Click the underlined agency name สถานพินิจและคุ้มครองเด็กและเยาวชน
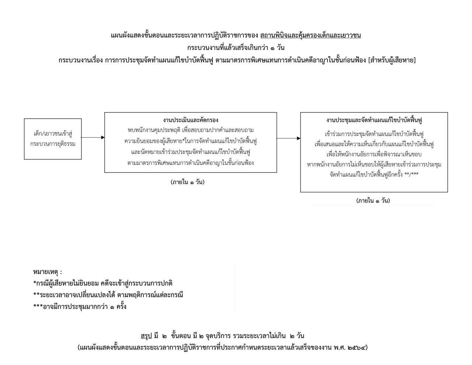tap(310, 35)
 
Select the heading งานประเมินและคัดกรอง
tap(191, 120)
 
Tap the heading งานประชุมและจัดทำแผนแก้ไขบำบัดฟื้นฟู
tap(374, 120)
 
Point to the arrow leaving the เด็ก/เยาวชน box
tap(93, 137)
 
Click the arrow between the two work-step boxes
tap(288, 138)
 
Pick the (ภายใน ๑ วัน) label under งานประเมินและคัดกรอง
tap(188, 182)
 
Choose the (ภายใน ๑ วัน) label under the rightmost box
tap(373, 201)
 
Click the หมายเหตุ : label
tap(47, 272)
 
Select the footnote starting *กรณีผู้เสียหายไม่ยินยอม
tap(103, 283)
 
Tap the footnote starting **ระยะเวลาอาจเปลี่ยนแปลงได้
tap(108, 295)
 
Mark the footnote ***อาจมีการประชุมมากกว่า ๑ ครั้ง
tap(80, 307)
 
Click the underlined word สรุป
tap(146, 336)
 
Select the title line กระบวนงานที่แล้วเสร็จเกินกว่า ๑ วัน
tap(236, 48)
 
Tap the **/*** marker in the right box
tap(412, 174)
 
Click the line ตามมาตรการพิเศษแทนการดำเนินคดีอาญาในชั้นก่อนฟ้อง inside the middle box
tap(191, 163)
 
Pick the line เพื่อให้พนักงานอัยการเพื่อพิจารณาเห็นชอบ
tap(374, 154)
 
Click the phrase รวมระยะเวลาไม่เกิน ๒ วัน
tap(269, 336)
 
